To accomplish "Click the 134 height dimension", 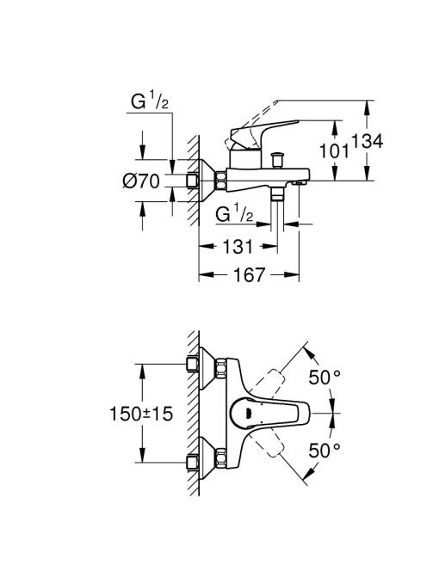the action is click(x=368, y=141).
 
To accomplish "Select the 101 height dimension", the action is click(x=334, y=150).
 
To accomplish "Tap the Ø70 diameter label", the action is click(x=141, y=181).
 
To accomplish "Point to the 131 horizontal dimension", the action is click(x=238, y=247).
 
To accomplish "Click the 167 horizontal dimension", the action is click(x=249, y=274).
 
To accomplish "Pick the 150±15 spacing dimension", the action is click(x=141, y=414).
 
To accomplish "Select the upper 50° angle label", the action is click(x=325, y=378).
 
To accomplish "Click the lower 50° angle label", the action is click(x=325, y=451).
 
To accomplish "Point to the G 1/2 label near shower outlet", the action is click(x=234, y=213).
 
